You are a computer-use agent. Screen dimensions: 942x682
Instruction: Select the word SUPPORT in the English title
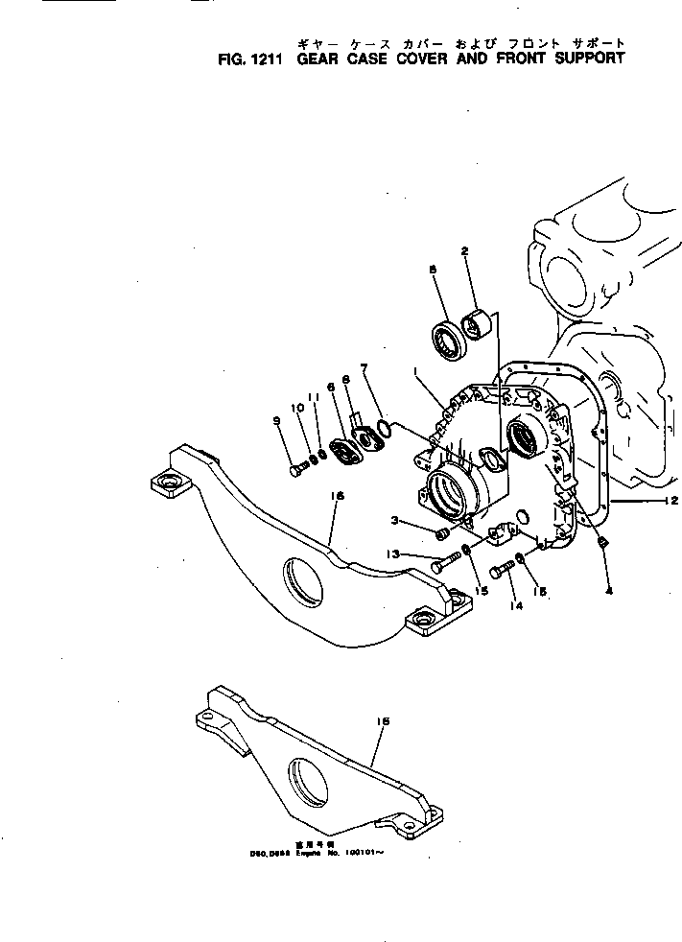click(x=586, y=58)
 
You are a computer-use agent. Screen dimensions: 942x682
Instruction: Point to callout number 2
click(x=464, y=252)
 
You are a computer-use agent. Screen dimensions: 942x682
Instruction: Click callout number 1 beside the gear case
click(x=415, y=371)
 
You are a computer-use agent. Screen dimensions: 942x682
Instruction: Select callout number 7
click(x=364, y=367)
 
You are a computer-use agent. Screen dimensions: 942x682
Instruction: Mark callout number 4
click(x=608, y=590)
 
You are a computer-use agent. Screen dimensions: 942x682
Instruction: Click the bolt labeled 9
click(x=298, y=468)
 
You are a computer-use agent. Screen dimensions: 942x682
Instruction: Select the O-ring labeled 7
click(x=384, y=429)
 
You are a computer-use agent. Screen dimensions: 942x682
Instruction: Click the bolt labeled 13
click(x=441, y=566)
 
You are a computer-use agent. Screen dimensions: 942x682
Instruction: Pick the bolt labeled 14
click(x=508, y=571)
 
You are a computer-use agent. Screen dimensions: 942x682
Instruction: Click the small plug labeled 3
click(x=442, y=532)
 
